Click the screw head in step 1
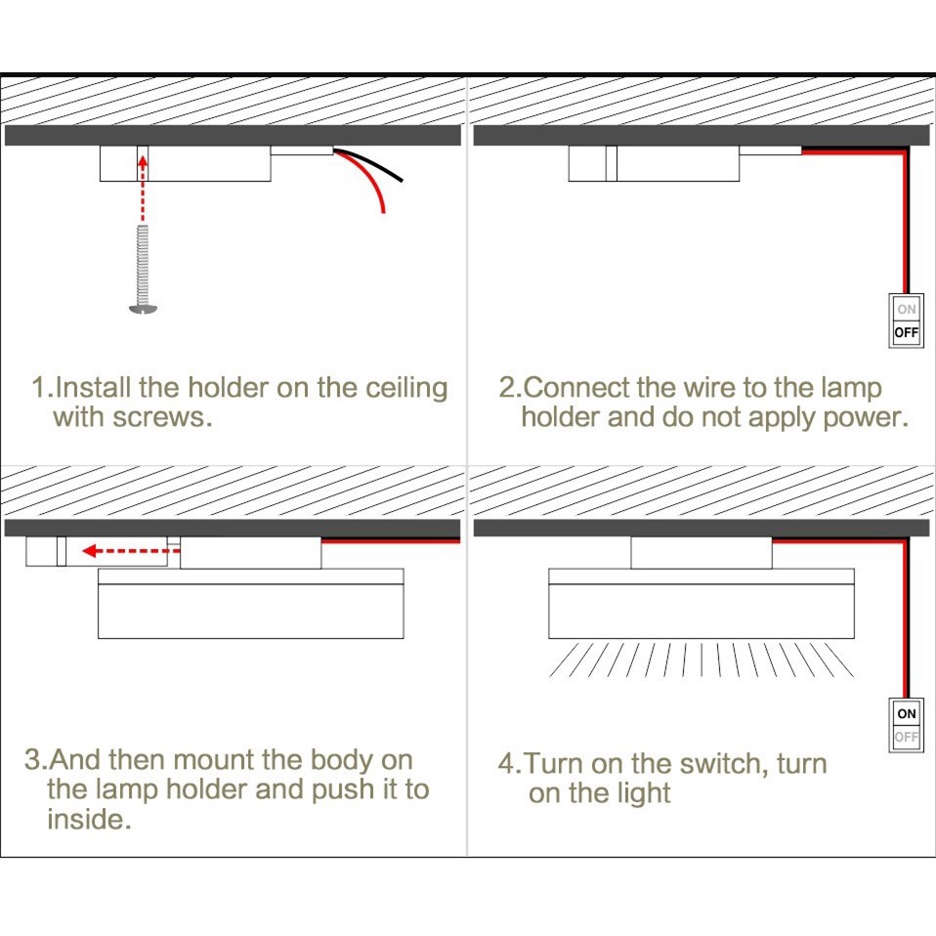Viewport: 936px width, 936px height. coord(143,309)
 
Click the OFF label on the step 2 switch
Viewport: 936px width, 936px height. coord(907,333)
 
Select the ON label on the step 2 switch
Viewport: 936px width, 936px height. coord(907,310)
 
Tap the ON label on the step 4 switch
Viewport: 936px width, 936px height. coord(907,714)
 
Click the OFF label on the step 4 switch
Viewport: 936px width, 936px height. coord(907,738)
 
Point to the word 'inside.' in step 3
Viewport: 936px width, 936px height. coord(89,819)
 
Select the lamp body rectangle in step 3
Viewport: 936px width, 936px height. coord(251,612)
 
